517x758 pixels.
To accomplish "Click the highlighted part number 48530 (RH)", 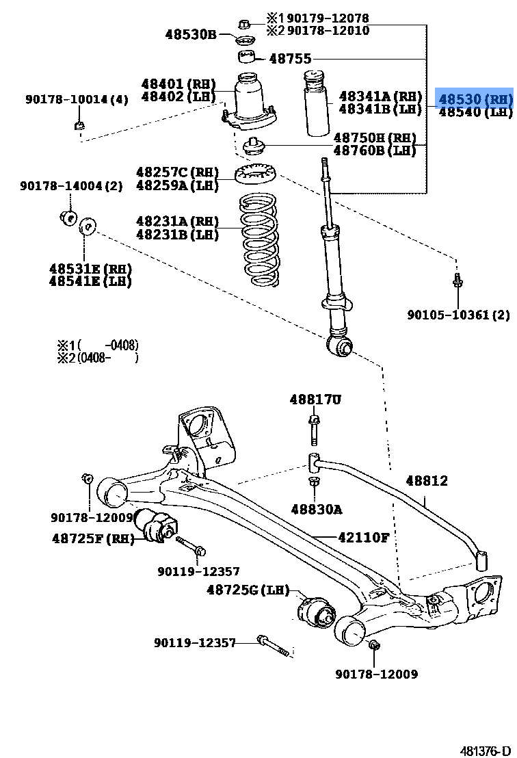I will pos(475,99).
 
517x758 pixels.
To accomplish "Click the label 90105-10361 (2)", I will pos(458,315).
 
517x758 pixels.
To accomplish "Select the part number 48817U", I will pos(315,399).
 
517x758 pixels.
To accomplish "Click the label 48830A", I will pos(316,509).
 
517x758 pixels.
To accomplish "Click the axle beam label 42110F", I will pos(362,538).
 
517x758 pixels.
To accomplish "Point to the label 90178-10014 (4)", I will pos(77,100).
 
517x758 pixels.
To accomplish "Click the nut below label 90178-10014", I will pos(79,125).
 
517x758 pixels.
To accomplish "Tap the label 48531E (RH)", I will pos(90,269).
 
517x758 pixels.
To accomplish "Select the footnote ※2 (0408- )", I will pos(97,357).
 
